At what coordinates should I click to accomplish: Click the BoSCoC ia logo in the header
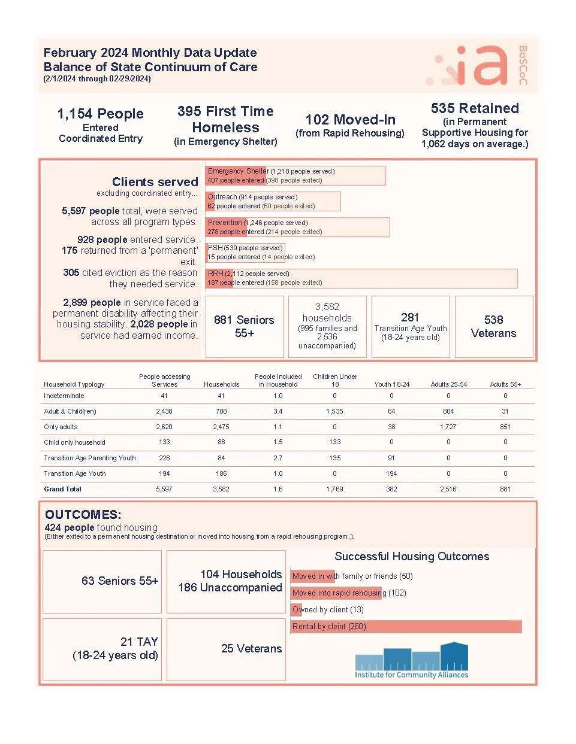480,65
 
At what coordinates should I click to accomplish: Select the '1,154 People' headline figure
100,114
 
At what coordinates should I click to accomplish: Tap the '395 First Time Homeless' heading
225,119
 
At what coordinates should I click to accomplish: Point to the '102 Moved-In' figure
350,120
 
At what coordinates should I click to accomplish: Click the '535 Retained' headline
475,108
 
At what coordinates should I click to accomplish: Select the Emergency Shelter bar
295,175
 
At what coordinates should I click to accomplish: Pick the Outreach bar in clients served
273,201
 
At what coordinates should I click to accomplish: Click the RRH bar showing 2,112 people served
361,278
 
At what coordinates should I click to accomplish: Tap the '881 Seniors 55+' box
244,326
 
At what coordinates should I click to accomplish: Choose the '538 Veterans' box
493,326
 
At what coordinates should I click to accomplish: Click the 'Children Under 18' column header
334,380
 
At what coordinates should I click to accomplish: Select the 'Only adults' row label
61,427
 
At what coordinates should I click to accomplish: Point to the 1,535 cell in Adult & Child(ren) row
334,411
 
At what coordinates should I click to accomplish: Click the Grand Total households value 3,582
221,489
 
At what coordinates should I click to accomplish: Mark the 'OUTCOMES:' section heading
83,515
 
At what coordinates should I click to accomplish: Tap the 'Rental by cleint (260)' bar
406,627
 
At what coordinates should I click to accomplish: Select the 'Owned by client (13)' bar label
327,610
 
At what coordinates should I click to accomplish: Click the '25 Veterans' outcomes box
251,648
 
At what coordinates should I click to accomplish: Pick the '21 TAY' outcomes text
139,642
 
